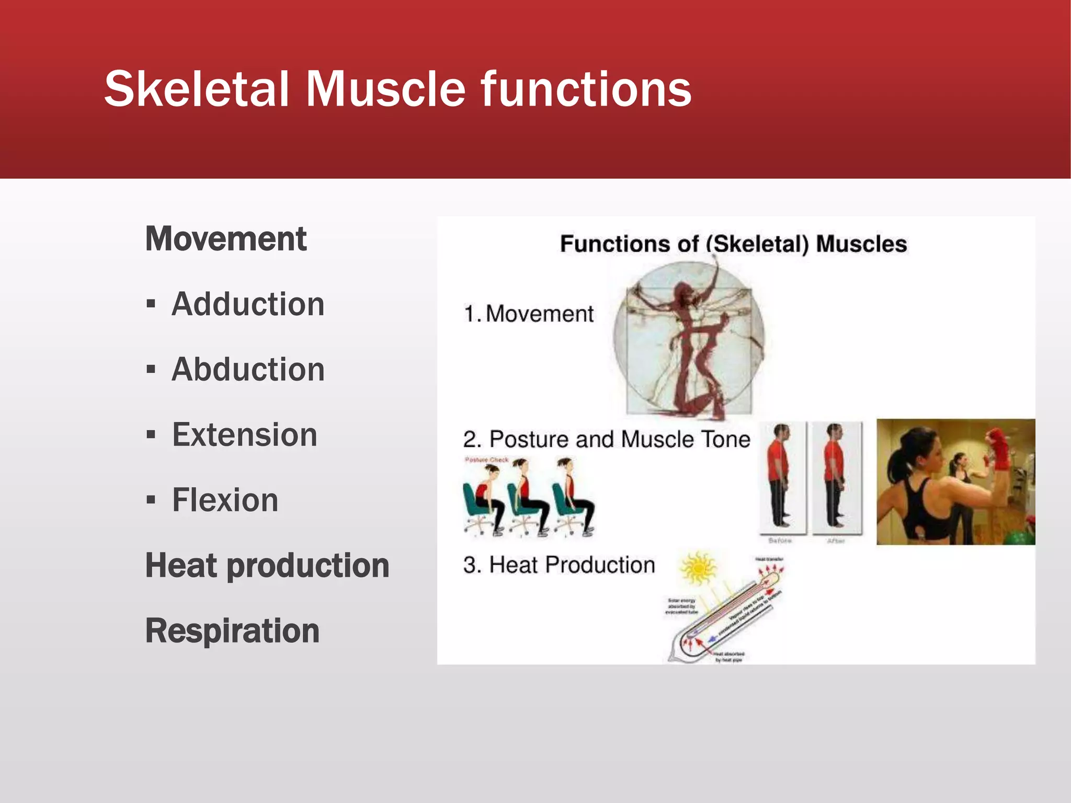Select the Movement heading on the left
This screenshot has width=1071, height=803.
click(x=226, y=239)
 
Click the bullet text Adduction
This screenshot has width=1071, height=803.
click(x=248, y=304)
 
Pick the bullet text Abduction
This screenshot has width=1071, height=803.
click(x=248, y=370)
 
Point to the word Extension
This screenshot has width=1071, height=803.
click(x=244, y=435)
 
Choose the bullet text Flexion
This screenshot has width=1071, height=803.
click(x=225, y=500)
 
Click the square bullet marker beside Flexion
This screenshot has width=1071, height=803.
click(x=151, y=500)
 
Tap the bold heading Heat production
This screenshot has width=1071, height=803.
click(x=267, y=566)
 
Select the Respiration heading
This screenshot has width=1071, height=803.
click(x=232, y=631)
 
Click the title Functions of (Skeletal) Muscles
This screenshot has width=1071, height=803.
click(x=733, y=244)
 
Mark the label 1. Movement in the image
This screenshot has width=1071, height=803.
click(x=529, y=314)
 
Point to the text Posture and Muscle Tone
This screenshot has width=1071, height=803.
click(x=619, y=439)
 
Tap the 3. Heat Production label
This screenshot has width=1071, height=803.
click(x=559, y=565)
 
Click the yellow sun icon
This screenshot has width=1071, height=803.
click(x=698, y=568)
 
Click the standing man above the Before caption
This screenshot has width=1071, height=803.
click(x=780, y=476)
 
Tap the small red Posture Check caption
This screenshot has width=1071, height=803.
click(x=486, y=460)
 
